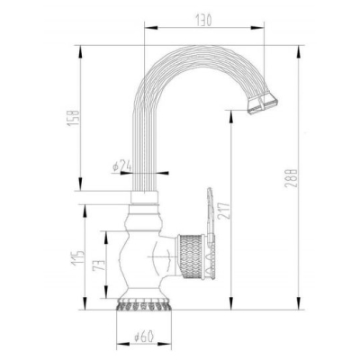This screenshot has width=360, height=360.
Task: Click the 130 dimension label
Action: pyautogui.click(x=203, y=20)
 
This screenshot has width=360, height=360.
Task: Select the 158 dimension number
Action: pyautogui.click(x=74, y=118)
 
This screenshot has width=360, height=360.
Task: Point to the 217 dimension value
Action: pyautogui.click(x=224, y=211)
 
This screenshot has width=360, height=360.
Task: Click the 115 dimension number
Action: pyautogui.click(x=77, y=257)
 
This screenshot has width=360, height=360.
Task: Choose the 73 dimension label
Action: pyautogui.click(x=99, y=265)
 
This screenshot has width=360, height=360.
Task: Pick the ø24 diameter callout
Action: pyautogui.click(x=122, y=166)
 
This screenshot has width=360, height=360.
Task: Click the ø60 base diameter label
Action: pyautogui.click(x=144, y=337)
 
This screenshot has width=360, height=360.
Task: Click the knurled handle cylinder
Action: pyautogui.click(x=191, y=256)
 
